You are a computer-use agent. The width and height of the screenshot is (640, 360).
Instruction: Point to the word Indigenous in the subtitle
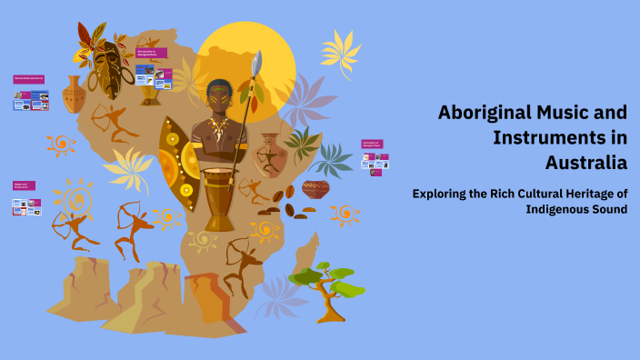coord(557,209)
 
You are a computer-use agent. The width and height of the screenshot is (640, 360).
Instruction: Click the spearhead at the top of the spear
coord(257,62)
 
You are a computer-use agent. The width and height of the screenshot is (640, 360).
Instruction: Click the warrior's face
coord(219,95)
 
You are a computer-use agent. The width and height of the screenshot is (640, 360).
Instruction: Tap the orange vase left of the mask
coord(73,94)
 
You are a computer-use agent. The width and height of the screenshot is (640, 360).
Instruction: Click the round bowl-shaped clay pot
coord(315,189)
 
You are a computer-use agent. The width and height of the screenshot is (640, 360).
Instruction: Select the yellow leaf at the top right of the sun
coord(340,50)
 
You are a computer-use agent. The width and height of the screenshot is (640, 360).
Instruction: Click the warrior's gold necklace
coord(218,125)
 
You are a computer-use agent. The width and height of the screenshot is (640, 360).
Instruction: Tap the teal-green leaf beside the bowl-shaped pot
coord(333,159)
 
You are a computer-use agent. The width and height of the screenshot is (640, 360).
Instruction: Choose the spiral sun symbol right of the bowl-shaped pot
coord(345,215)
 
